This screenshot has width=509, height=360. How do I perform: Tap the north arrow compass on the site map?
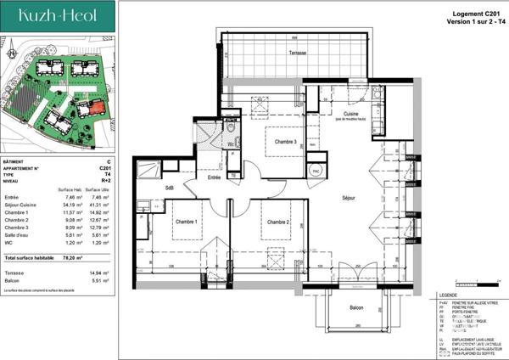click(9, 53)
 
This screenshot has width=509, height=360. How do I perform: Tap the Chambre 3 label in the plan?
click(283, 142)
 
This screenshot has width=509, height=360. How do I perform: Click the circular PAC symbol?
click(316, 170)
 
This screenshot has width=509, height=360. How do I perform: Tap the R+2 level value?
click(106, 181)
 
